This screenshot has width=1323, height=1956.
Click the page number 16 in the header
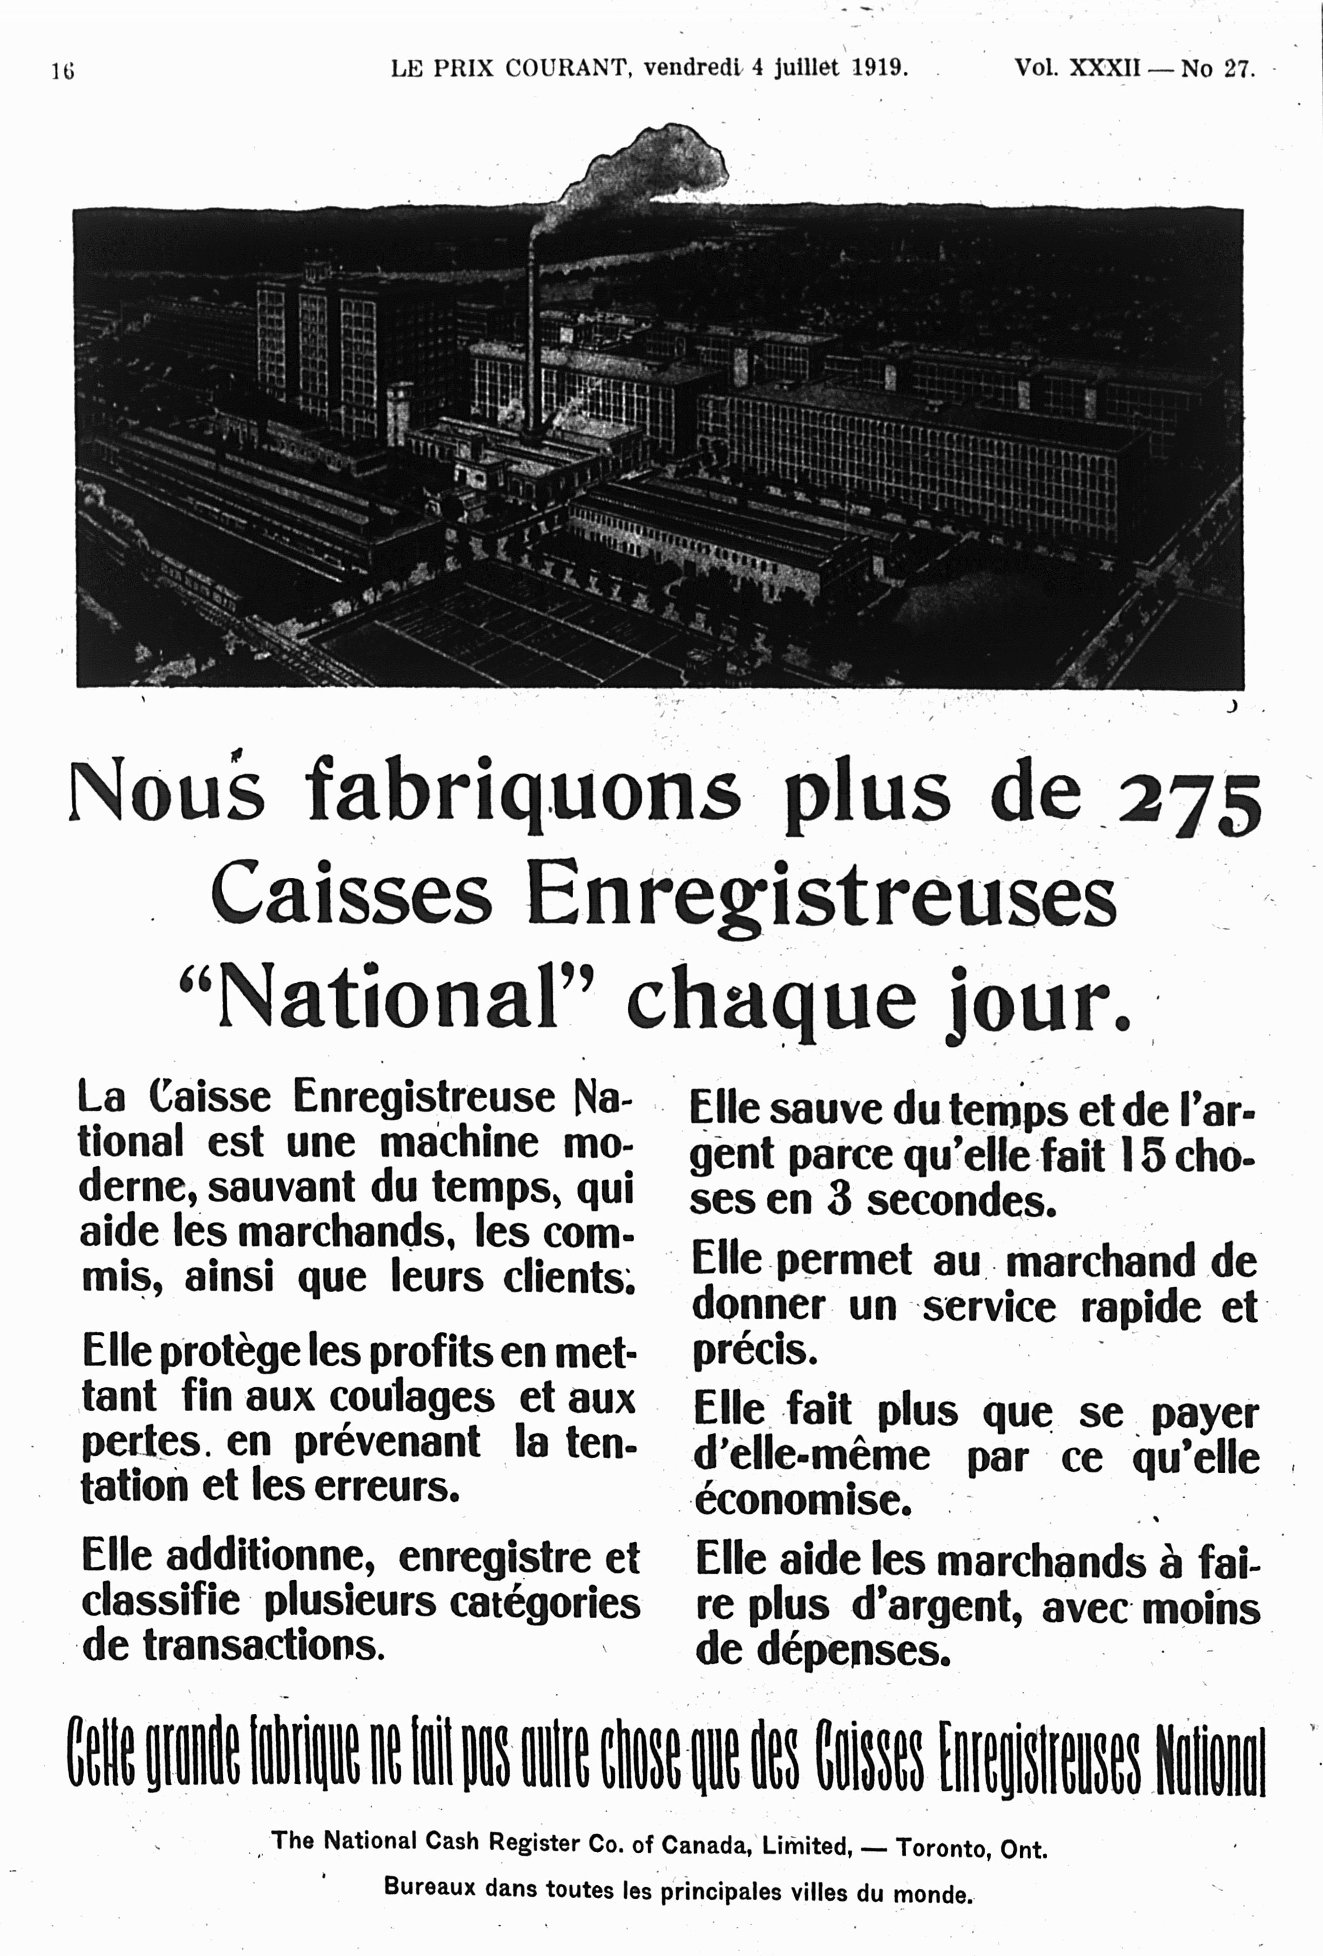tap(62, 71)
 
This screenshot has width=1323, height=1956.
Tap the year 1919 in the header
tap(880, 68)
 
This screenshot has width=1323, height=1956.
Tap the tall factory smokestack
tap(532, 337)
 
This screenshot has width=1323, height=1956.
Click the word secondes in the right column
tap(961, 1202)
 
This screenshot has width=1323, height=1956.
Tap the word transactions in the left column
tap(263, 1646)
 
